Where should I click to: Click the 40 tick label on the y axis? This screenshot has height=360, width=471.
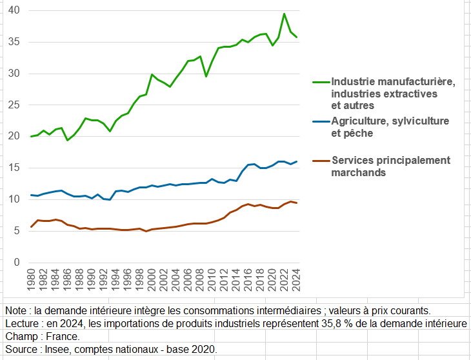point(14,10)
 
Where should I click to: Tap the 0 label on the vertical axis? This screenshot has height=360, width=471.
point(17,263)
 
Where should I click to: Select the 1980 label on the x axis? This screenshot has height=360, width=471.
point(31,283)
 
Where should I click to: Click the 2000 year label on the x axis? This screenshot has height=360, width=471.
point(152,283)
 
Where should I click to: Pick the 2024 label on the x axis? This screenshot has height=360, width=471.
point(297,283)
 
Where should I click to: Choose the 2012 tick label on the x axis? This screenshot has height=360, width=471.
point(224,283)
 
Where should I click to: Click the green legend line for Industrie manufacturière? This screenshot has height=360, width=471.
point(321,82)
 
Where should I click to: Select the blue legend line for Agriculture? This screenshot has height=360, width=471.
point(321,121)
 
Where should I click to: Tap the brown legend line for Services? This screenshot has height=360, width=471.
point(321,160)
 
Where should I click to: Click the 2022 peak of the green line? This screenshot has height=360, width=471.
point(285,14)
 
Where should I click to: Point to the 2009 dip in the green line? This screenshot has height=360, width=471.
point(206,76)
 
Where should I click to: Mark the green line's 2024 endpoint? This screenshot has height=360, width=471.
point(297,37)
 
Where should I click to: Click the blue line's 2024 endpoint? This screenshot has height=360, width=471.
point(297,161)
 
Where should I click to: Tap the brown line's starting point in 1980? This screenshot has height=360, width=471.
point(31,227)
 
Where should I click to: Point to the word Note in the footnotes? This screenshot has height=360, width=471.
point(16,310)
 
